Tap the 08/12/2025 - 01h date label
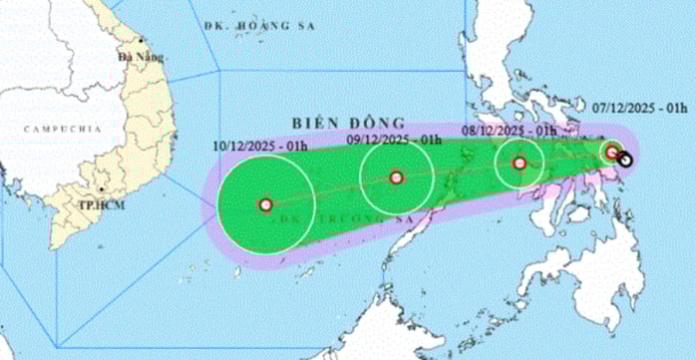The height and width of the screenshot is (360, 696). pyautogui.click(x=510, y=130)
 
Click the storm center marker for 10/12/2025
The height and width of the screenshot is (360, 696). pyautogui.click(x=265, y=204)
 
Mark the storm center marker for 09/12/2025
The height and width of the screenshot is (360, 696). pyautogui.click(x=396, y=178)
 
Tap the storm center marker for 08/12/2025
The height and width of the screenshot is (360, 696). pyautogui.click(x=519, y=164)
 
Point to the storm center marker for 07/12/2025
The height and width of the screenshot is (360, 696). pyautogui.click(x=612, y=152)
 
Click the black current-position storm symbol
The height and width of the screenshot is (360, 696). pyautogui.click(x=624, y=157)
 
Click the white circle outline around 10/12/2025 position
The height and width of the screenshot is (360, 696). pyautogui.click(x=217, y=204)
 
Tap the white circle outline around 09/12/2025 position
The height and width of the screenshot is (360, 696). pyautogui.click(x=361, y=178)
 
